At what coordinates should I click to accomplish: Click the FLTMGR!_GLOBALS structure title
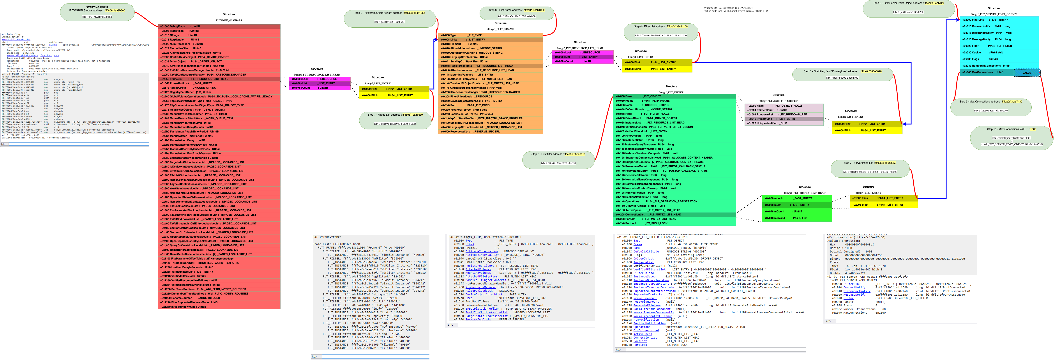tap(229, 20)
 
